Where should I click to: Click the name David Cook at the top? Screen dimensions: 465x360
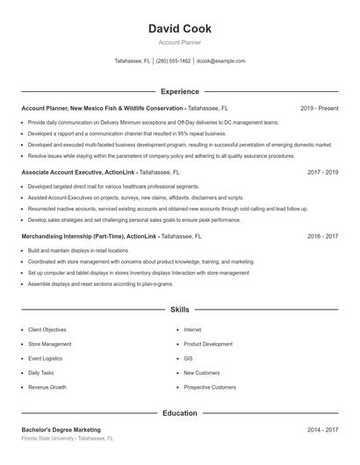180,29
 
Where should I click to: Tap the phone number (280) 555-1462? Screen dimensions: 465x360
174,61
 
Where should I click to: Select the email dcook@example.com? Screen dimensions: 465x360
220,61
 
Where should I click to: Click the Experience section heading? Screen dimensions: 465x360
180,91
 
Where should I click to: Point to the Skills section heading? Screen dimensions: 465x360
180,310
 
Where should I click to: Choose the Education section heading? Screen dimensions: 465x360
180,412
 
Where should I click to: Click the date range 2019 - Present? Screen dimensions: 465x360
319,108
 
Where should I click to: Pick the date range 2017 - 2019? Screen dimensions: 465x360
322,173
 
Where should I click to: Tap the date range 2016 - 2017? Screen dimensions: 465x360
322,237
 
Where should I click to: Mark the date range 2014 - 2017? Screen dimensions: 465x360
322,430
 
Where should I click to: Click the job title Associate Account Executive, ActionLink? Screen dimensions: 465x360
78,173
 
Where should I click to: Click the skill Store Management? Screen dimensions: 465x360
50,344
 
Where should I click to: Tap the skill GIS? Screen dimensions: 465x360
188,358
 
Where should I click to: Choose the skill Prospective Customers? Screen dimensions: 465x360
209,387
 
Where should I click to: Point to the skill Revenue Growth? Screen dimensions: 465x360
47,387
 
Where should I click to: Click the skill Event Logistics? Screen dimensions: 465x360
45,358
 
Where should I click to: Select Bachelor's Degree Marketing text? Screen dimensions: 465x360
61,430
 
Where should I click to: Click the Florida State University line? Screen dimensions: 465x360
68,438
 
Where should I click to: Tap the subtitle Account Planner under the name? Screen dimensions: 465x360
180,42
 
